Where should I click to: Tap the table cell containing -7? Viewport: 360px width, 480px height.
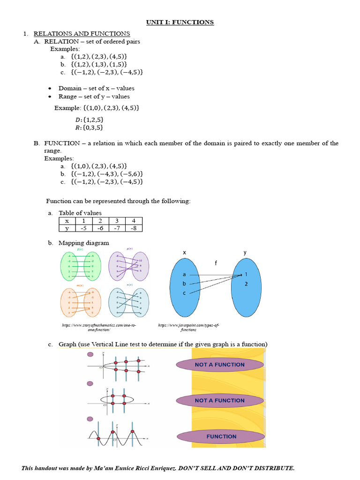(x=117, y=228)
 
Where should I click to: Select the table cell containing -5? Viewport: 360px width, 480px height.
(x=83, y=228)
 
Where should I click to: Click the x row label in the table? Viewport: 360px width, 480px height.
(x=67, y=221)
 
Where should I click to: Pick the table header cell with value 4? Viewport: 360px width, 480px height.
(x=134, y=221)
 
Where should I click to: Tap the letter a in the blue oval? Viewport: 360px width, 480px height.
(x=184, y=274)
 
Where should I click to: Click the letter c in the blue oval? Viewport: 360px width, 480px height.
(x=184, y=293)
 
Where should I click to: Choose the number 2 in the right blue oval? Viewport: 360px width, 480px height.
(x=246, y=284)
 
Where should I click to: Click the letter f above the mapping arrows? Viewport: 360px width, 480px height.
(x=216, y=263)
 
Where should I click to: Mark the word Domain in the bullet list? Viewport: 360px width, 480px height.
(x=69, y=88)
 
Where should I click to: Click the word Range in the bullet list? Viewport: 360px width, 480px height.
(x=67, y=97)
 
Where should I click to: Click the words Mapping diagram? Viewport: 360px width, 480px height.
(x=83, y=243)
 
